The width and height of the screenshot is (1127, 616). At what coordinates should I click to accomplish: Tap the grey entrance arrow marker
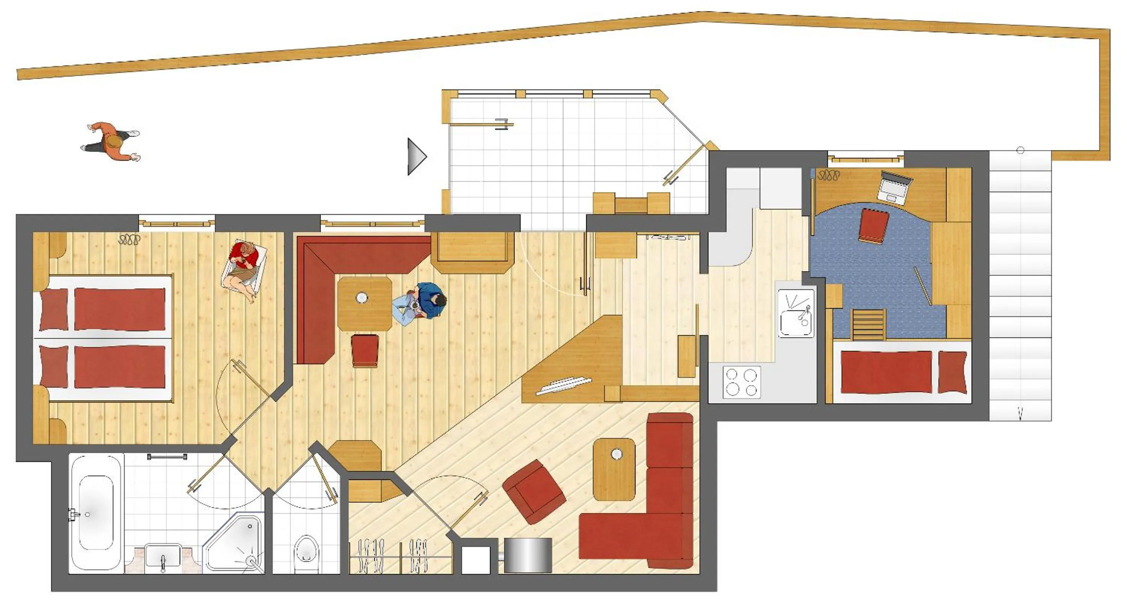[416, 156]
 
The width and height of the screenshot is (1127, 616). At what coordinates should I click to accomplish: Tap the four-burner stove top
[742, 382]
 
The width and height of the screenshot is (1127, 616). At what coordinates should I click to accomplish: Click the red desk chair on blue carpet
[874, 225]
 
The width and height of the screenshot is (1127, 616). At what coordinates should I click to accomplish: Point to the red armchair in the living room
[534, 491]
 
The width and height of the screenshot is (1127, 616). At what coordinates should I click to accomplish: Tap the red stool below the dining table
[365, 350]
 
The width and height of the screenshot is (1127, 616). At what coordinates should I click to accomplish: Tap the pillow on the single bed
[953, 371]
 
